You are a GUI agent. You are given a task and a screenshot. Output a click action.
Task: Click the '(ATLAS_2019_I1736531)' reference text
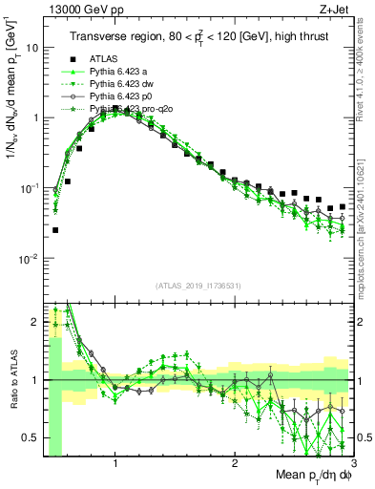pyautogui.click(x=198, y=285)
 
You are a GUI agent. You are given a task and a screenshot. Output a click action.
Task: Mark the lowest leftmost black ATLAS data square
pyautogui.click(x=55, y=229)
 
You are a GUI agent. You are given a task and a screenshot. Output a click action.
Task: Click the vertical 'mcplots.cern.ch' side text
pyautogui.click(x=366, y=248)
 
